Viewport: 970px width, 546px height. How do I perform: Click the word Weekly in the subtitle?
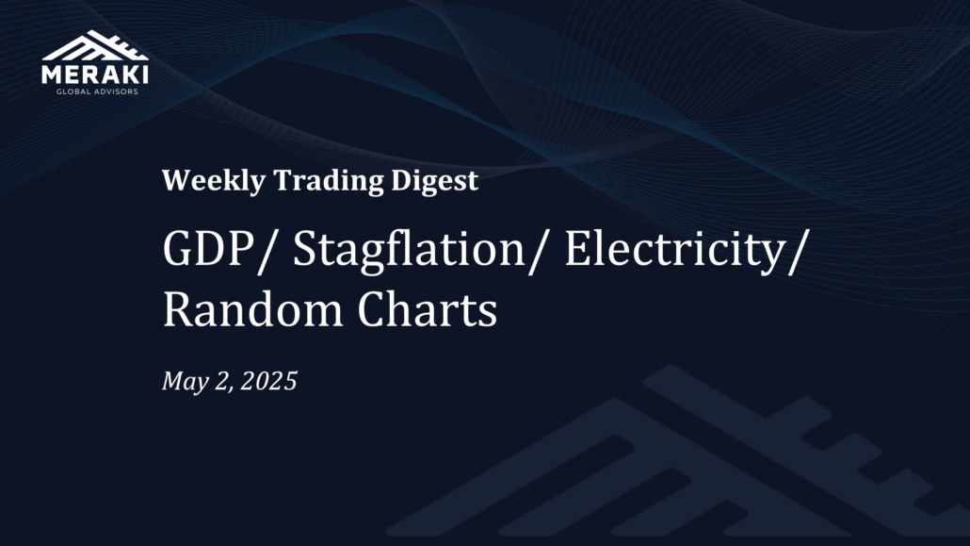pyautogui.click(x=214, y=181)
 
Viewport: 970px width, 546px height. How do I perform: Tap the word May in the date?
pyautogui.click(x=185, y=382)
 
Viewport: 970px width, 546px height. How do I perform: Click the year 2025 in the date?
pyautogui.click(x=268, y=381)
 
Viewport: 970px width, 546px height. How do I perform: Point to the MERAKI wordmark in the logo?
pyautogui.click(x=95, y=74)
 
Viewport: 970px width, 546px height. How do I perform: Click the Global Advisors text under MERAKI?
pyautogui.click(x=97, y=91)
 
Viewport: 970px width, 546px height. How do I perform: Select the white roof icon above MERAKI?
pyautogui.click(x=95, y=46)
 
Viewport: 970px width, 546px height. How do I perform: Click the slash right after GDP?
pyautogui.click(x=265, y=251)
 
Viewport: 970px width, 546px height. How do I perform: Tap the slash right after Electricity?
pyautogui.click(x=798, y=251)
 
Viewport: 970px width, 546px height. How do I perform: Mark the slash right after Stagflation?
pyautogui.click(x=538, y=251)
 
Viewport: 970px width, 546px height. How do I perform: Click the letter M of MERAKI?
pyautogui.click(x=53, y=74)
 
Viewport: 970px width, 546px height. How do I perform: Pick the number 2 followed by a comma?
pyautogui.click(x=222, y=382)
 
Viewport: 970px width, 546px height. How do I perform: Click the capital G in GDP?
pyautogui.click(x=178, y=249)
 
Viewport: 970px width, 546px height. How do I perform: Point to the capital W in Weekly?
pyautogui.click(x=176, y=180)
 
